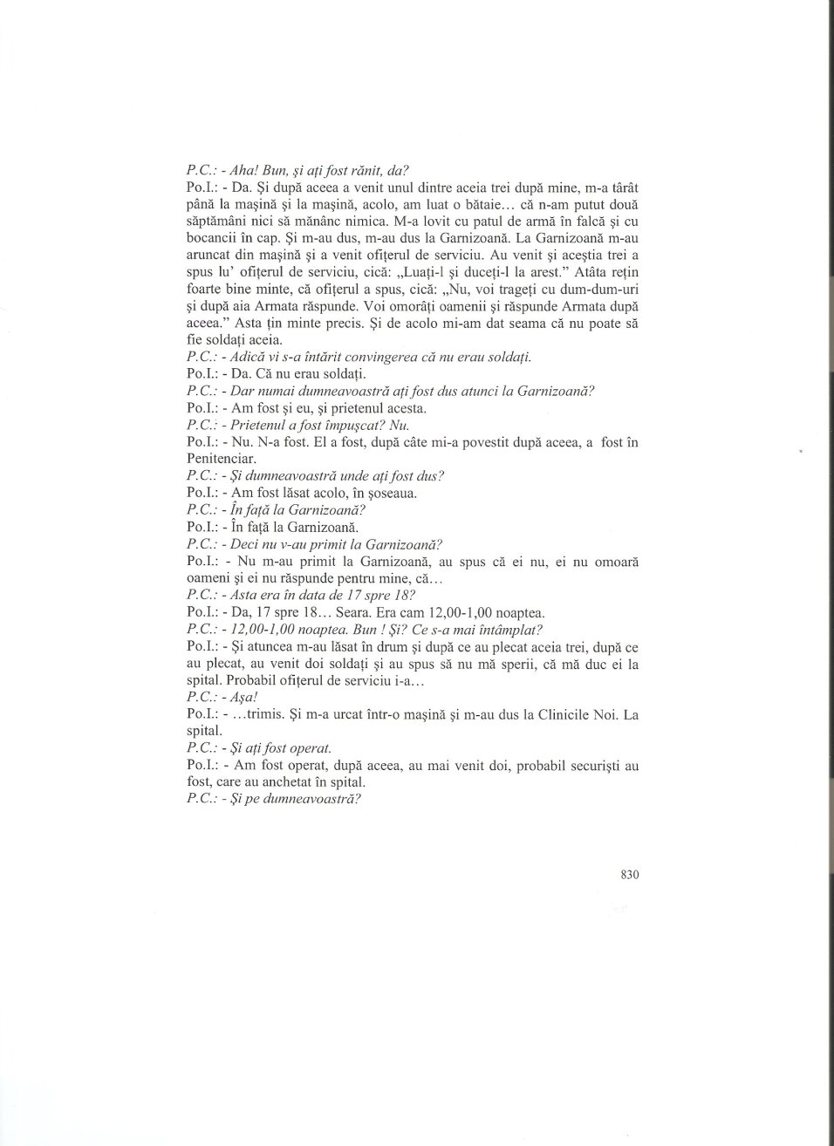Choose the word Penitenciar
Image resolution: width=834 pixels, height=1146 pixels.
(222, 459)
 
